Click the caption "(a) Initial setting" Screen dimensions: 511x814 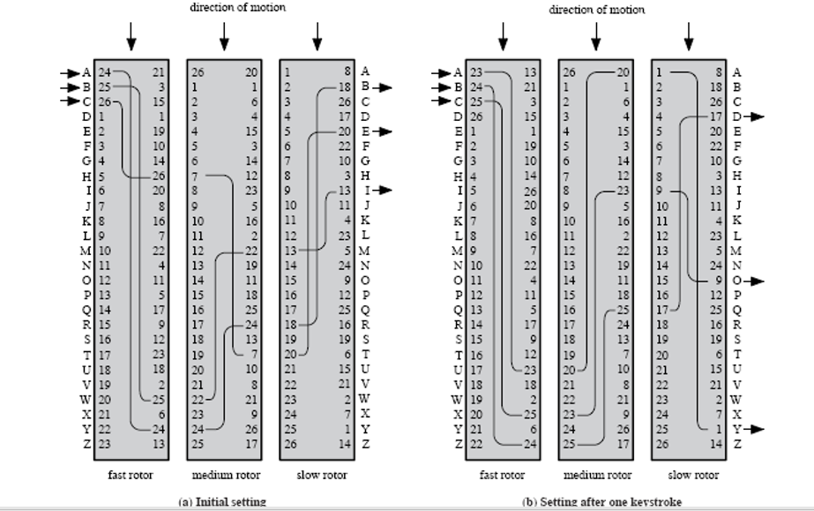tap(221, 501)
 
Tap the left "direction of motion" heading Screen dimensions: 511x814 tap(238, 7)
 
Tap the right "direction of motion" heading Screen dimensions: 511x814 tap(597, 10)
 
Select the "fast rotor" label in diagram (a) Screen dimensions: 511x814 tap(131, 475)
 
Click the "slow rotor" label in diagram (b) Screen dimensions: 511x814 tap(692, 475)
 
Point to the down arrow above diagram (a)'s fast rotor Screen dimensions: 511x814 tap(131, 35)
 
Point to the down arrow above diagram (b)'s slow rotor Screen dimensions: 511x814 tap(689, 36)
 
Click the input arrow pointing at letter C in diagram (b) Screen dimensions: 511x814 tap(444, 101)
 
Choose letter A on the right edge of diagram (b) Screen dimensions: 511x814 tap(737, 72)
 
